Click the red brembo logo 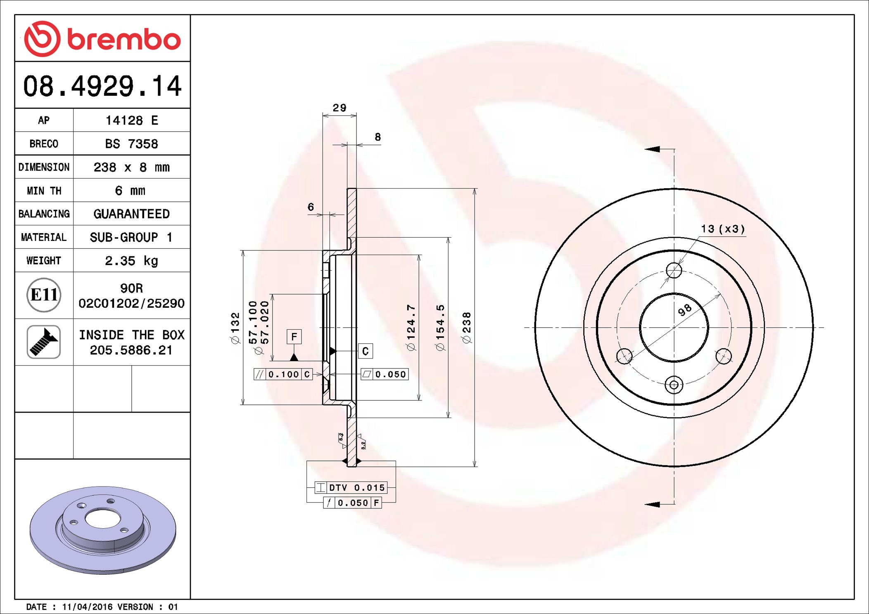(102, 39)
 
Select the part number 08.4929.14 (102, 86)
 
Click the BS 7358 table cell (131, 144)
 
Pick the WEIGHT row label (44, 260)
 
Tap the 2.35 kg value (131, 261)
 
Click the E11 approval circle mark (44, 295)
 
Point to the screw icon (44, 342)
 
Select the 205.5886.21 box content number (131, 350)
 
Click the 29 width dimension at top (340, 108)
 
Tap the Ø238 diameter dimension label (467, 328)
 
